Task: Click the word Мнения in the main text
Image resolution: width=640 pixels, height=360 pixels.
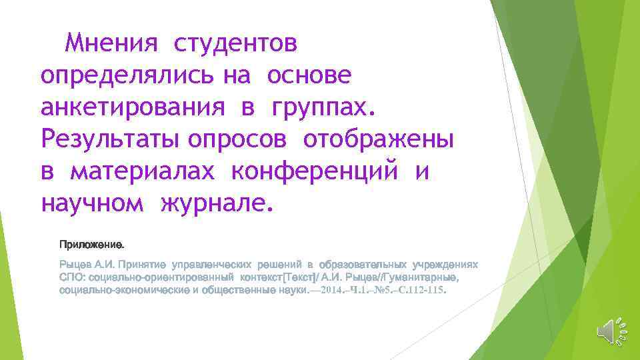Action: pos(112,45)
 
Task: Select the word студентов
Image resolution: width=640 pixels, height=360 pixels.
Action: pos(236,45)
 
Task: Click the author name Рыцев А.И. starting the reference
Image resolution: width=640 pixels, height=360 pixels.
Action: pos(87,265)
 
